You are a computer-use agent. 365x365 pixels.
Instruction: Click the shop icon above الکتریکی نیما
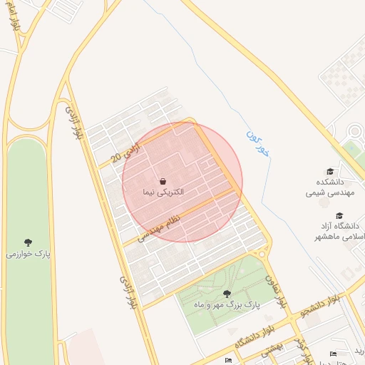pyautogui.click(x=163, y=180)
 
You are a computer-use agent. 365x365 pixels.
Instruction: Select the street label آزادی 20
pyautogui.click(x=127, y=151)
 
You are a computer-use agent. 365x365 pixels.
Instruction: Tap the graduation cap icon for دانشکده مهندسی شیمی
pyautogui.click(x=329, y=171)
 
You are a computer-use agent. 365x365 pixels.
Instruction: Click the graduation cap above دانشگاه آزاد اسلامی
pyautogui.click(x=339, y=215)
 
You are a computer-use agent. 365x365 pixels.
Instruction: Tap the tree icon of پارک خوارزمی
pyautogui.click(x=28, y=242)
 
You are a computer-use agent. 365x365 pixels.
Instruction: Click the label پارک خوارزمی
pyautogui.click(x=28, y=254)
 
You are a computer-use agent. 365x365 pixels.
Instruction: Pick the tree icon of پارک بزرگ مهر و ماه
pyautogui.click(x=227, y=293)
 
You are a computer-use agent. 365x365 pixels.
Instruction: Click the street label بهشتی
pyautogui.click(x=272, y=347)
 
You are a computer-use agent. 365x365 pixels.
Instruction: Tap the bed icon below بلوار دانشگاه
pyautogui.click(x=228, y=360)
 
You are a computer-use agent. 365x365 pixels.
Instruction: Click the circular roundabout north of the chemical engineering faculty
pyautogui.click(x=355, y=132)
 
